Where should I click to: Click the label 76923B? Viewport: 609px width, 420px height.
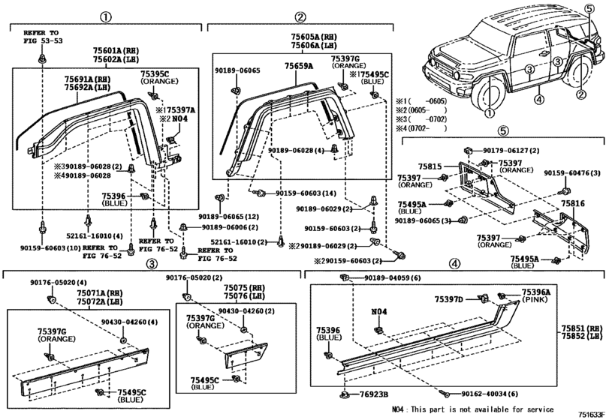(372, 394)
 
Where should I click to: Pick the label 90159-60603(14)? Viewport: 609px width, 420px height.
(306, 193)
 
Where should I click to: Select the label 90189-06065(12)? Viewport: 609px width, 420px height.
(228, 216)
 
